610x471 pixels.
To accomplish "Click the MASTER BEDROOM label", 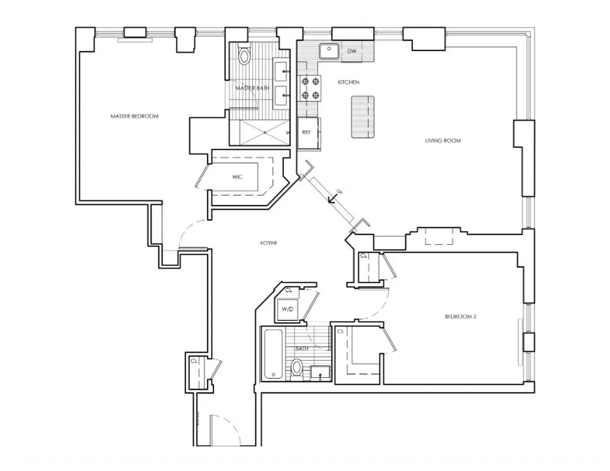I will (134, 116).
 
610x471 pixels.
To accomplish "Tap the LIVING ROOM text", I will (443, 141).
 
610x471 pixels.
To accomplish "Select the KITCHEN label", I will (348, 82).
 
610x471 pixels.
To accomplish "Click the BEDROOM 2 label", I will (460, 317).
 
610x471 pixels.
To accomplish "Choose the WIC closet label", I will (237, 176).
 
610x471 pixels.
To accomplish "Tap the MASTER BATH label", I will (252, 88).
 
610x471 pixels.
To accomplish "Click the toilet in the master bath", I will (245, 56).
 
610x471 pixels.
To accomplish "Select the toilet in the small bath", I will (298, 369).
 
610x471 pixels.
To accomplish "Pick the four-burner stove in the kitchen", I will (309, 88).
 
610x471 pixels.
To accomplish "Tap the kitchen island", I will (363, 117).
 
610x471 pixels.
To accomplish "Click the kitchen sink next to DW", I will (328, 52).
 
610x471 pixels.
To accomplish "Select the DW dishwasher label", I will (352, 52).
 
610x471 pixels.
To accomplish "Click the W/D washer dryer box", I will (288, 309).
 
